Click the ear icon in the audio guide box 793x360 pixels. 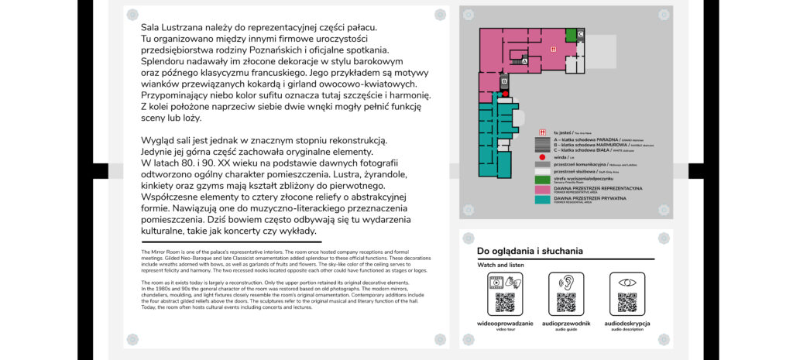(566, 283)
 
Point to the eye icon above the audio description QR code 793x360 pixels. (627, 283)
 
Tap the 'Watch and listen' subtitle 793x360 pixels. (500, 266)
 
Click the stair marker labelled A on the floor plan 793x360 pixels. (524, 60)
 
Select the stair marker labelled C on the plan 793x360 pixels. (580, 33)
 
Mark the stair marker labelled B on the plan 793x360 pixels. (504, 80)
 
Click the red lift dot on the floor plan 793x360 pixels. (506, 93)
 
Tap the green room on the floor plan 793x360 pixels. (571, 34)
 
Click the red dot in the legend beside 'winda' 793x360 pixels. (542, 156)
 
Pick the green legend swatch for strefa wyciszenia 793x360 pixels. (542, 180)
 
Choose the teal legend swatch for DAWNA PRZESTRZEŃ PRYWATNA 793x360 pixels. (542, 199)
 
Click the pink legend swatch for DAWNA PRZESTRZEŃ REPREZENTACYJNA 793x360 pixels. (542, 189)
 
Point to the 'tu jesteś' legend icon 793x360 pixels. (542, 132)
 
